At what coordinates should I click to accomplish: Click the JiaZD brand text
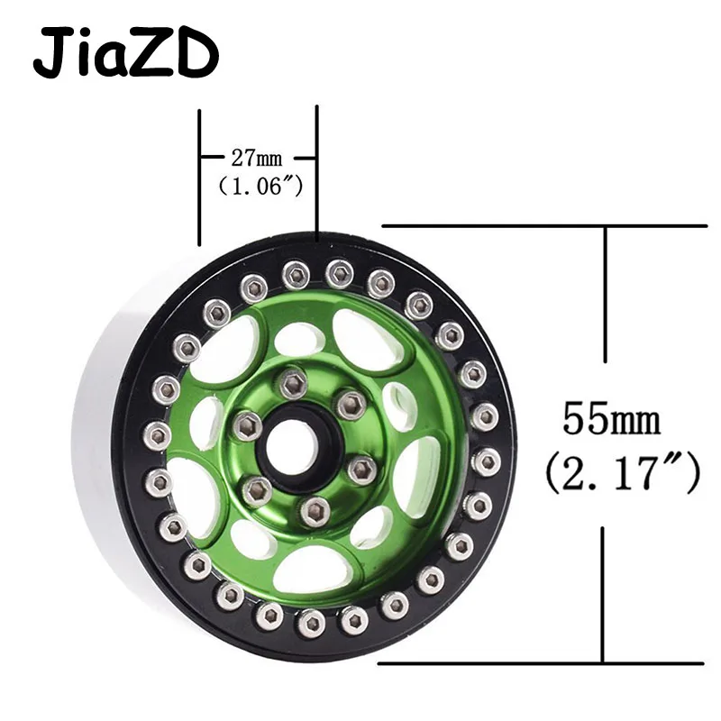pos(125,53)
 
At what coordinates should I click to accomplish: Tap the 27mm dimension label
pos(257,159)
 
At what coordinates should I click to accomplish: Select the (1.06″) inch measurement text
pos(260,187)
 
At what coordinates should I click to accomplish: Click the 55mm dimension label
pos(612,419)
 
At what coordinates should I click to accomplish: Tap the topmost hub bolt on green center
pos(294,383)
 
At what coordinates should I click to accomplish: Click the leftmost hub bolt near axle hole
pos(247,425)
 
